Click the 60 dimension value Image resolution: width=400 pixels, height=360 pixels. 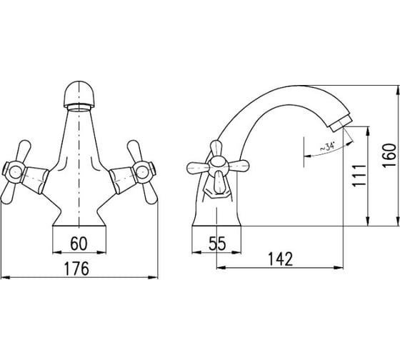pos(79,244)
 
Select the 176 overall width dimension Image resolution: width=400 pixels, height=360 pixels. pos(76,268)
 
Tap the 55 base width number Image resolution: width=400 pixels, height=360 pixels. pos(217,244)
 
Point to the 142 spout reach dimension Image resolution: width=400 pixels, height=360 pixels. pos(281,259)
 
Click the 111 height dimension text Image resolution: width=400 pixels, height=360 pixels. pos(359,176)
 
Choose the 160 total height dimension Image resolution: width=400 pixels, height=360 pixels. pos(389,155)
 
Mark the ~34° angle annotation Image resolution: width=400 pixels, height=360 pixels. pos(327,146)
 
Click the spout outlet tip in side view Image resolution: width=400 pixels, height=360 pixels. pos(341,124)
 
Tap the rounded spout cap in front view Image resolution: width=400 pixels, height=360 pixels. pos(80,94)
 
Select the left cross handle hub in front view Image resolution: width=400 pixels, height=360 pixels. pos(14,171)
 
